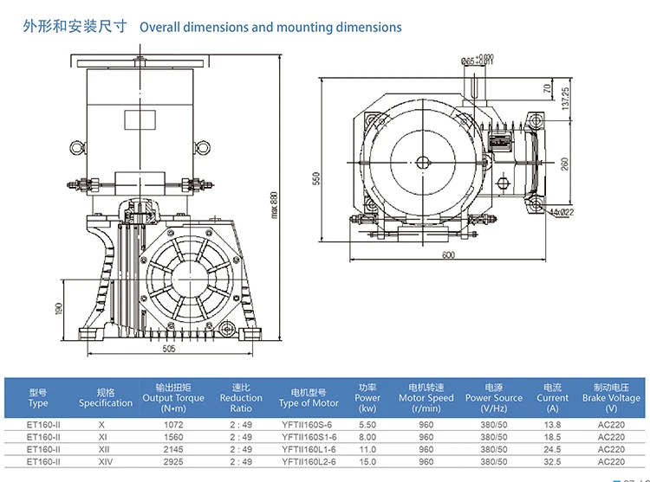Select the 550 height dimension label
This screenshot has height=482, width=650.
click(x=317, y=178)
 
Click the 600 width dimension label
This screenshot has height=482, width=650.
click(x=447, y=254)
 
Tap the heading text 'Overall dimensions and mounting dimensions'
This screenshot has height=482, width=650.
click(x=270, y=27)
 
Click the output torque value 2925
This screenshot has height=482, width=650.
click(x=173, y=462)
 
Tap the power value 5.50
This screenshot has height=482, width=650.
click(x=367, y=425)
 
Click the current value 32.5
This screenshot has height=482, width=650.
click(x=552, y=462)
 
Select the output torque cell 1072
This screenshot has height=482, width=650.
click(x=173, y=425)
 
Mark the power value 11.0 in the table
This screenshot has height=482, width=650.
click(x=367, y=450)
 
